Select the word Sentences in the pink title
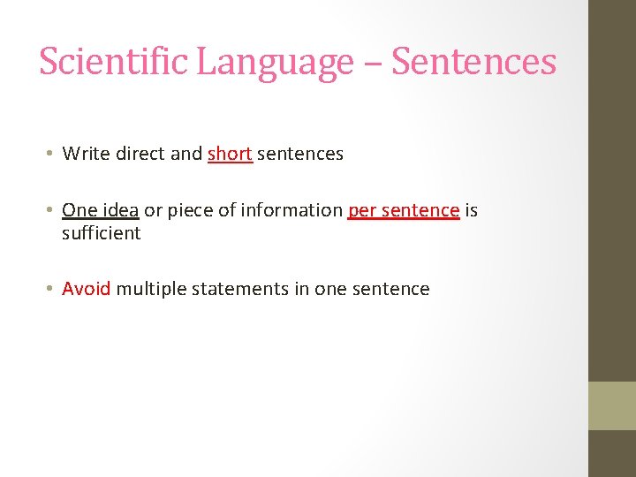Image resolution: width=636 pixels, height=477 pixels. pos(473,62)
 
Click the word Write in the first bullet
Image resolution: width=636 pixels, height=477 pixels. pos(86,154)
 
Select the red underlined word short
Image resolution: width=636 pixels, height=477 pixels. pos(230,154)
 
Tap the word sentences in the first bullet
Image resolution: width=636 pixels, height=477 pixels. pos(300,154)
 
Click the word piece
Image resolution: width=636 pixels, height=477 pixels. pos(189,211)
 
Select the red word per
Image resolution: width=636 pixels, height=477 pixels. pos(362,211)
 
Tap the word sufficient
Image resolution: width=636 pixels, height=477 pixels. pos(101,233)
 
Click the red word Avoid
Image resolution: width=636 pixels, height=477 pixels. pos(86,289)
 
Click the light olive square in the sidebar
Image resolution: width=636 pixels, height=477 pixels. pos(612,405)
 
